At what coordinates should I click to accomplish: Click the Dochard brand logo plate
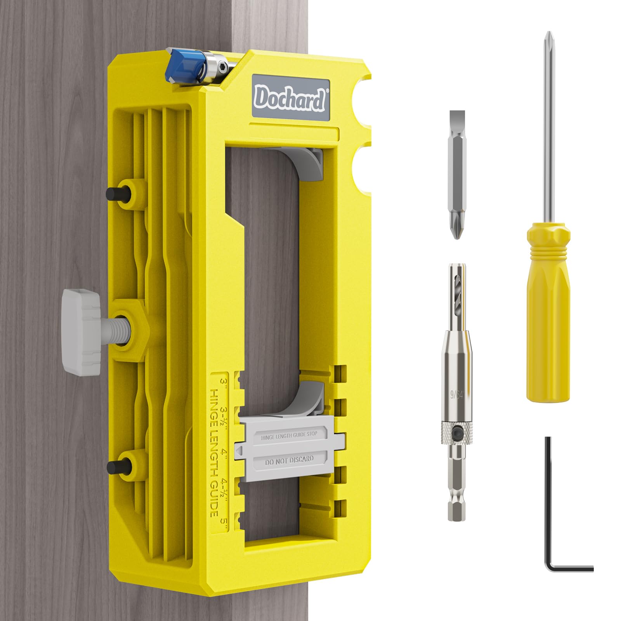coord(290,99)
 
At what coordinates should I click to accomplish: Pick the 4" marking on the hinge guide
coord(223,452)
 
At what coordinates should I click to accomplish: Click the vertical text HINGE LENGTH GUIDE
coord(213,452)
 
